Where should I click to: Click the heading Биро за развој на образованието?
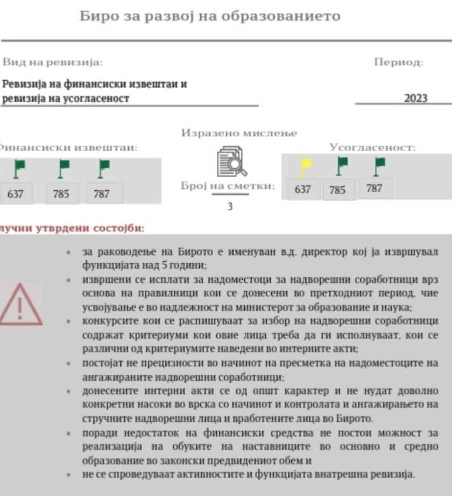coord(210,17)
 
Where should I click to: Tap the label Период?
coord(398,63)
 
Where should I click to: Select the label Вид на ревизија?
coord(52,63)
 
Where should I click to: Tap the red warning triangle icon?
coord(20,303)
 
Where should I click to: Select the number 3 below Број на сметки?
coord(230,206)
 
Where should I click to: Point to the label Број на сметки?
coord(228,187)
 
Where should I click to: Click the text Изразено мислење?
coord(239,133)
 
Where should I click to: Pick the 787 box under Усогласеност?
coord(374,189)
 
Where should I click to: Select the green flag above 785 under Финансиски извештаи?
coord(64,168)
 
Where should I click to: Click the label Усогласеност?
coord(373,148)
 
